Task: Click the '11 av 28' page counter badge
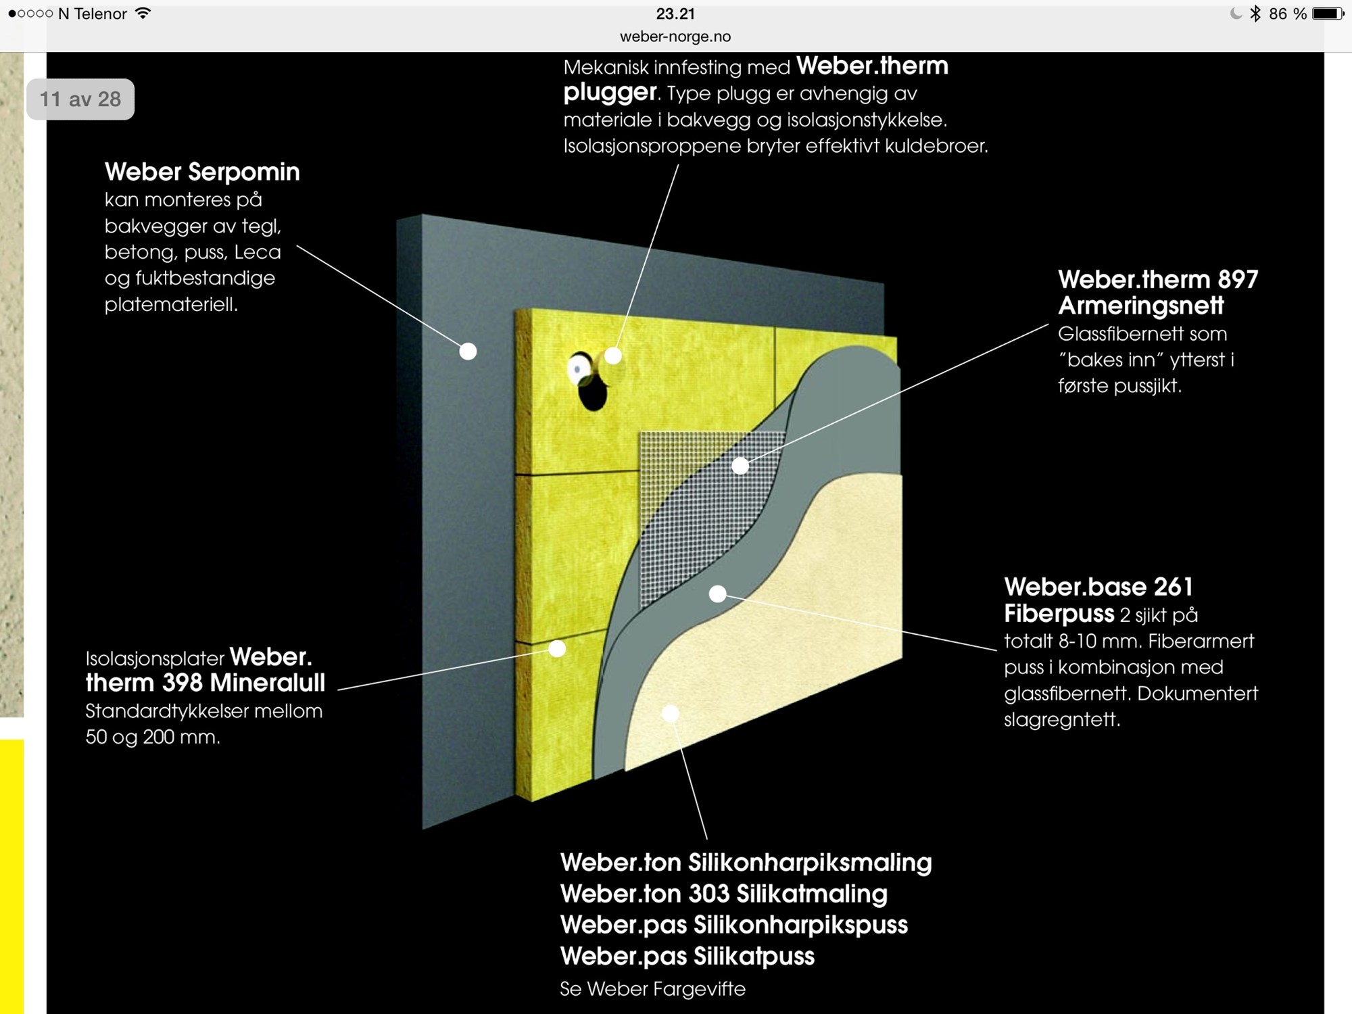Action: [80, 99]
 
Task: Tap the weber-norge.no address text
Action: [675, 37]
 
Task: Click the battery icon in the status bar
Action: [1328, 14]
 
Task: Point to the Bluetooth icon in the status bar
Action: [1255, 14]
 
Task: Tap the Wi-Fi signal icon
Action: [143, 13]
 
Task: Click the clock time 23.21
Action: [675, 14]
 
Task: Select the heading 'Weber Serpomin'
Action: [202, 172]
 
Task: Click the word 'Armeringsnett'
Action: [1140, 306]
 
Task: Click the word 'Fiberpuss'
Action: [1059, 614]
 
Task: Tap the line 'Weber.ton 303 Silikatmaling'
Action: [724, 894]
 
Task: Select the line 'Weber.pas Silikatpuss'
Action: [687, 956]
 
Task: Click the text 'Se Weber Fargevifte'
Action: [652, 989]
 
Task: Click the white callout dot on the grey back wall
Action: [468, 352]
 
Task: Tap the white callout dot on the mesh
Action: [740, 466]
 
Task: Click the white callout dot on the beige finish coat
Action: [670, 713]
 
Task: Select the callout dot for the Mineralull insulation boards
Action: [557, 649]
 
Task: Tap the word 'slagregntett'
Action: [1062, 719]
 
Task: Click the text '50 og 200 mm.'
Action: [153, 737]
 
